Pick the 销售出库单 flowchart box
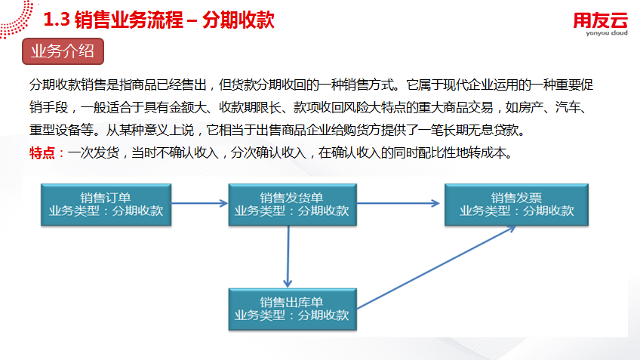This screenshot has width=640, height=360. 291,308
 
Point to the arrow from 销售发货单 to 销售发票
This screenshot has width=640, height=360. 397,202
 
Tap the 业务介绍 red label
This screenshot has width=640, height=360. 63,52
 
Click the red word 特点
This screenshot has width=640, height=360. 42,153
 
